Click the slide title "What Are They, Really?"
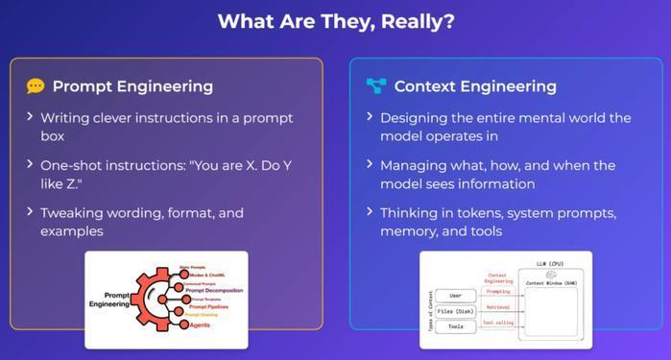click(335, 21)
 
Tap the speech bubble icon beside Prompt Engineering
click(36, 86)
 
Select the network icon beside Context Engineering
click(376, 86)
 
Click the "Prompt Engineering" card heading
click(132, 86)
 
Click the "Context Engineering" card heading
click(474, 86)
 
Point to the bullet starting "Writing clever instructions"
click(166, 127)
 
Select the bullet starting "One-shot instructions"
click(165, 174)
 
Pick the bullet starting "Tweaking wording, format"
click(141, 221)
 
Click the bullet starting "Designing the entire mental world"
click(505, 127)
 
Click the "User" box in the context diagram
click(454, 296)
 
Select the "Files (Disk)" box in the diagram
click(454, 311)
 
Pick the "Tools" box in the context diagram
click(454, 326)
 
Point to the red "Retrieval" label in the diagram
click(498, 307)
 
